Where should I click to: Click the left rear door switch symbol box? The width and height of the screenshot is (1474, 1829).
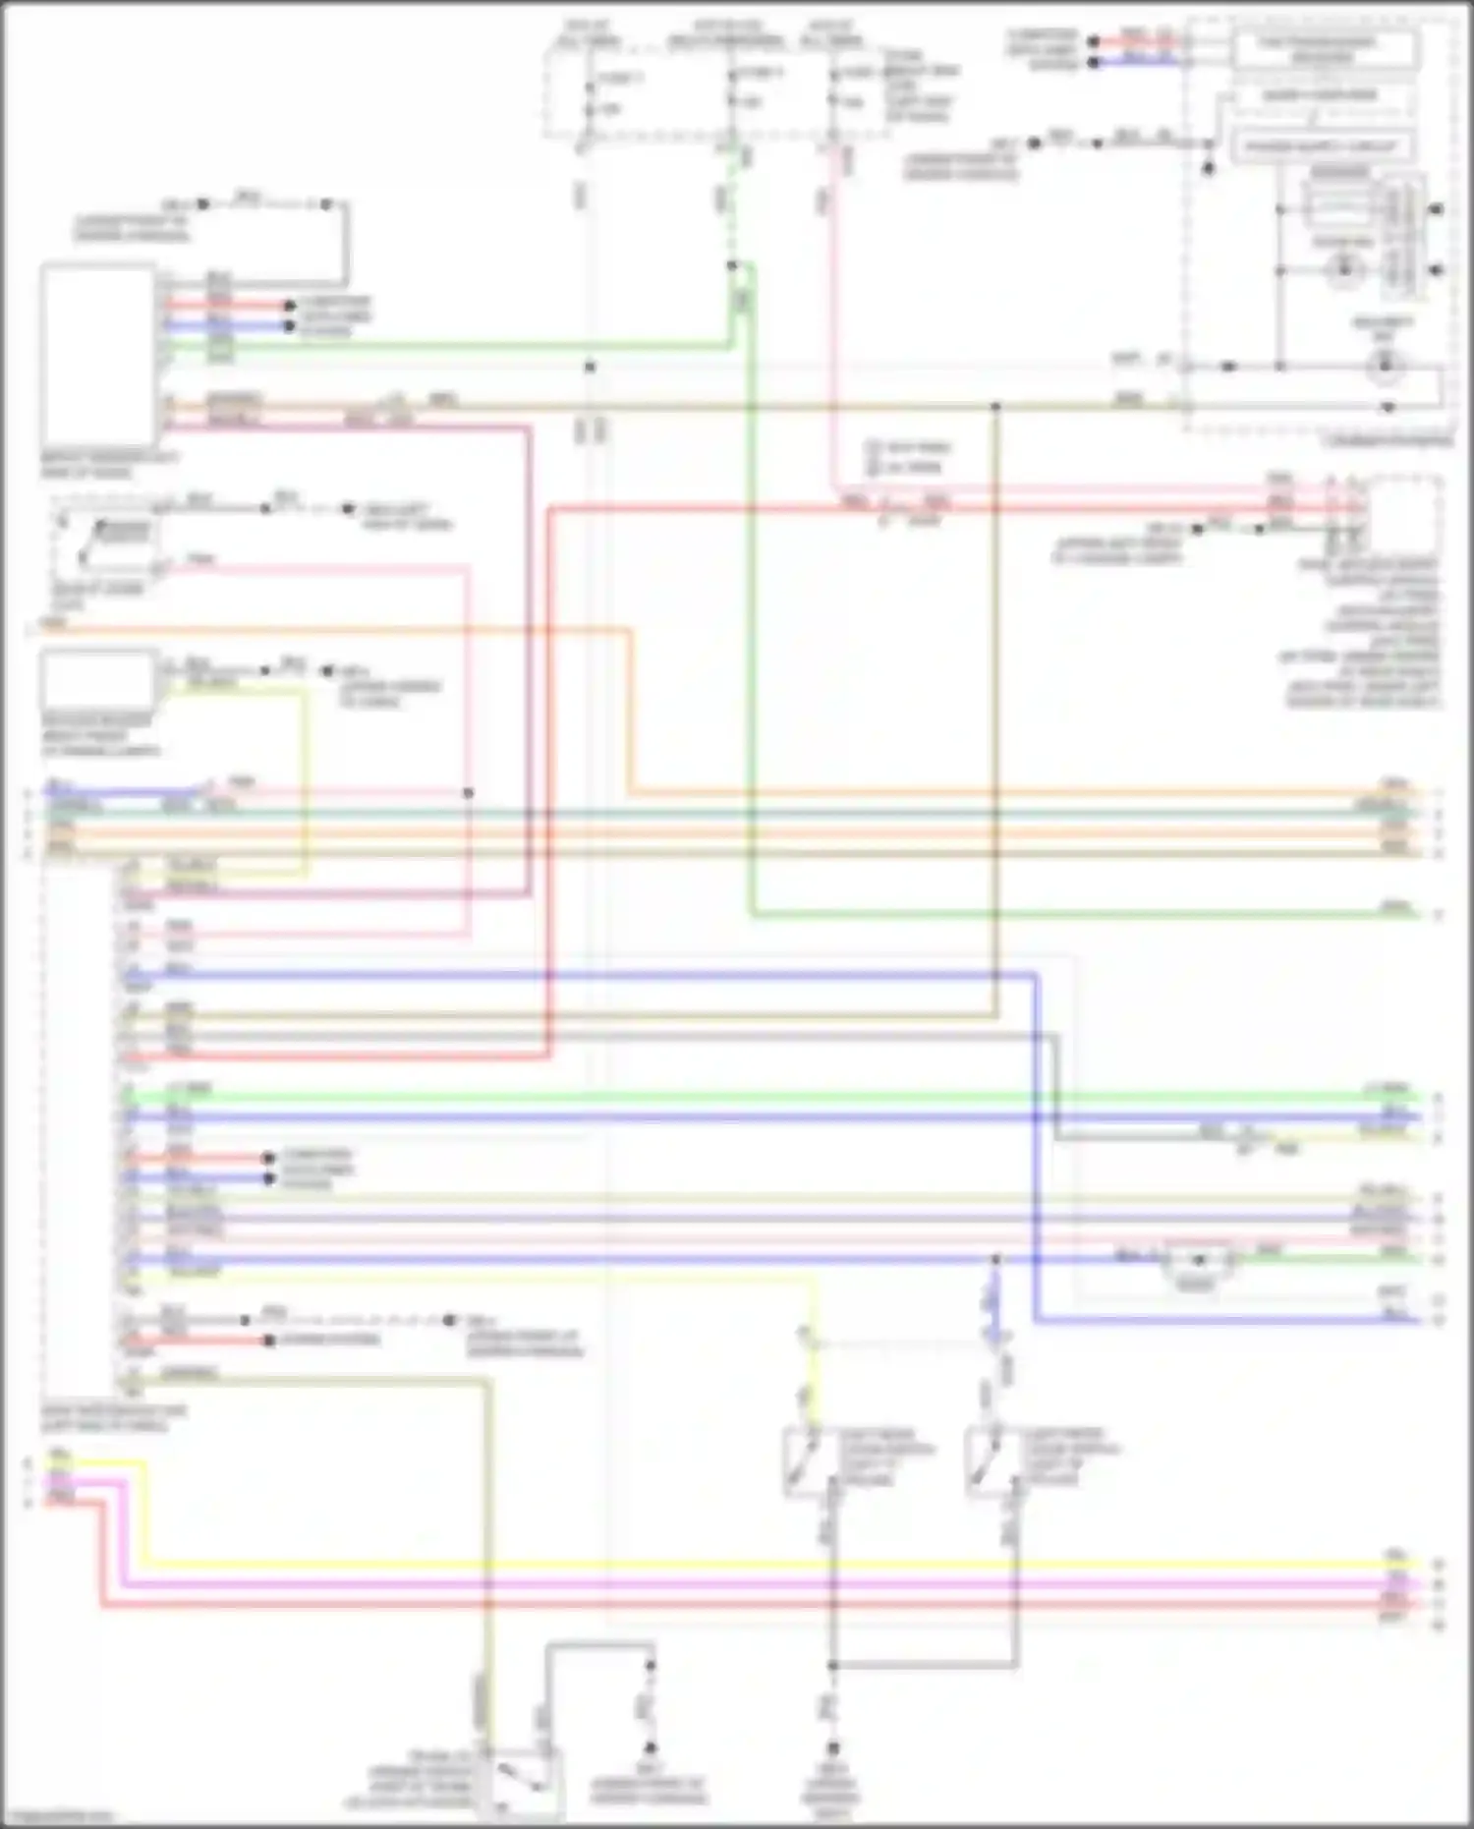click(x=810, y=1461)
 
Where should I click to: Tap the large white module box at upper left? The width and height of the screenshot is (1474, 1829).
click(x=97, y=354)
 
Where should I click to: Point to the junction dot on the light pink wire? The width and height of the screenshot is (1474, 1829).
click(x=468, y=792)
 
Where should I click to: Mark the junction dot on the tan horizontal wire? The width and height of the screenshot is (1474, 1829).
click(x=994, y=405)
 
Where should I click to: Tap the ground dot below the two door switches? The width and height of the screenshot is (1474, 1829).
click(x=832, y=1748)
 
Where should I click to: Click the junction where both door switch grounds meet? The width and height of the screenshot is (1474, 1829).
click(x=832, y=1665)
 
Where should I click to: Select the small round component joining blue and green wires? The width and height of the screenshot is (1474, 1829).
click(x=1198, y=1261)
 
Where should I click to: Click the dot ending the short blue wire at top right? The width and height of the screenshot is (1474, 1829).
click(x=1093, y=63)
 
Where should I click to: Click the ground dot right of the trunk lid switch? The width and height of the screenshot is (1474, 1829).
click(x=649, y=1748)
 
